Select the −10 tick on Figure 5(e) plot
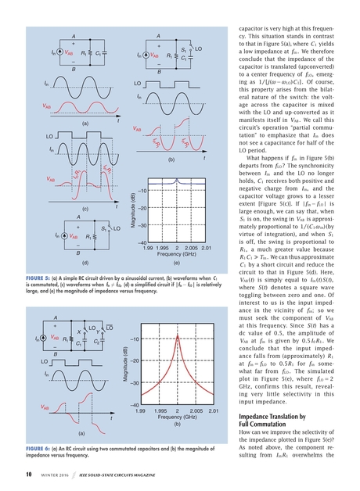point(142,191)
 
